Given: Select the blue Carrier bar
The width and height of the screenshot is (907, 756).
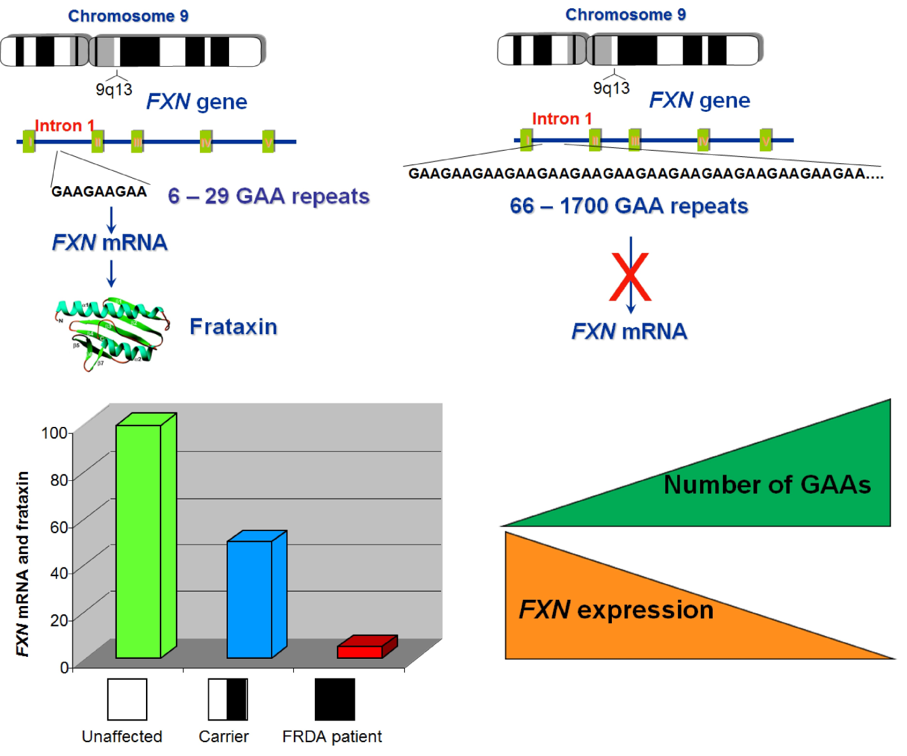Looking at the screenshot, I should [x=249, y=598].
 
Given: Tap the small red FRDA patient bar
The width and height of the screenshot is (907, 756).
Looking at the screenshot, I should [x=360, y=651].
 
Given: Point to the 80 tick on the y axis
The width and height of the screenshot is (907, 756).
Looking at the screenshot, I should [x=58, y=480].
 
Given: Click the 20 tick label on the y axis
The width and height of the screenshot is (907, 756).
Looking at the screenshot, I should [x=58, y=620].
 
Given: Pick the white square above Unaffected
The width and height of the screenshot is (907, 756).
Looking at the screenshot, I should [x=127, y=699].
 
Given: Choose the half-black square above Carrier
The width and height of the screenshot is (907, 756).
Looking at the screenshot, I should [x=228, y=699].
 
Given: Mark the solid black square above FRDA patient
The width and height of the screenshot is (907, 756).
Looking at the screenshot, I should [x=334, y=699].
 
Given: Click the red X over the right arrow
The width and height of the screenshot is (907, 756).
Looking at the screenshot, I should [x=630, y=277].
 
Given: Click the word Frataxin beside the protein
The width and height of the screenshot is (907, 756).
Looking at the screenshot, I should [x=234, y=327].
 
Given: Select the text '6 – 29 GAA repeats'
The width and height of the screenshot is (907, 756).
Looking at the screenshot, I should [x=268, y=196].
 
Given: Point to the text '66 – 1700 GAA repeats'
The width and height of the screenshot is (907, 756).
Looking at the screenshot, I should [x=629, y=206].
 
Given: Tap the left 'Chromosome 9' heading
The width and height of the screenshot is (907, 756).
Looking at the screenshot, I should [x=128, y=16].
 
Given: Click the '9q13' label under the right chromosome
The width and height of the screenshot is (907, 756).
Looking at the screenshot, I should [x=611, y=88].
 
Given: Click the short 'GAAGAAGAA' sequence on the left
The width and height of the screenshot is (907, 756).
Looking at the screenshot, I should [x=99, y=191].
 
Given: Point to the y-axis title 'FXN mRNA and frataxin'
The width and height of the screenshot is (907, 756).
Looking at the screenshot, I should [x=22, y=564].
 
